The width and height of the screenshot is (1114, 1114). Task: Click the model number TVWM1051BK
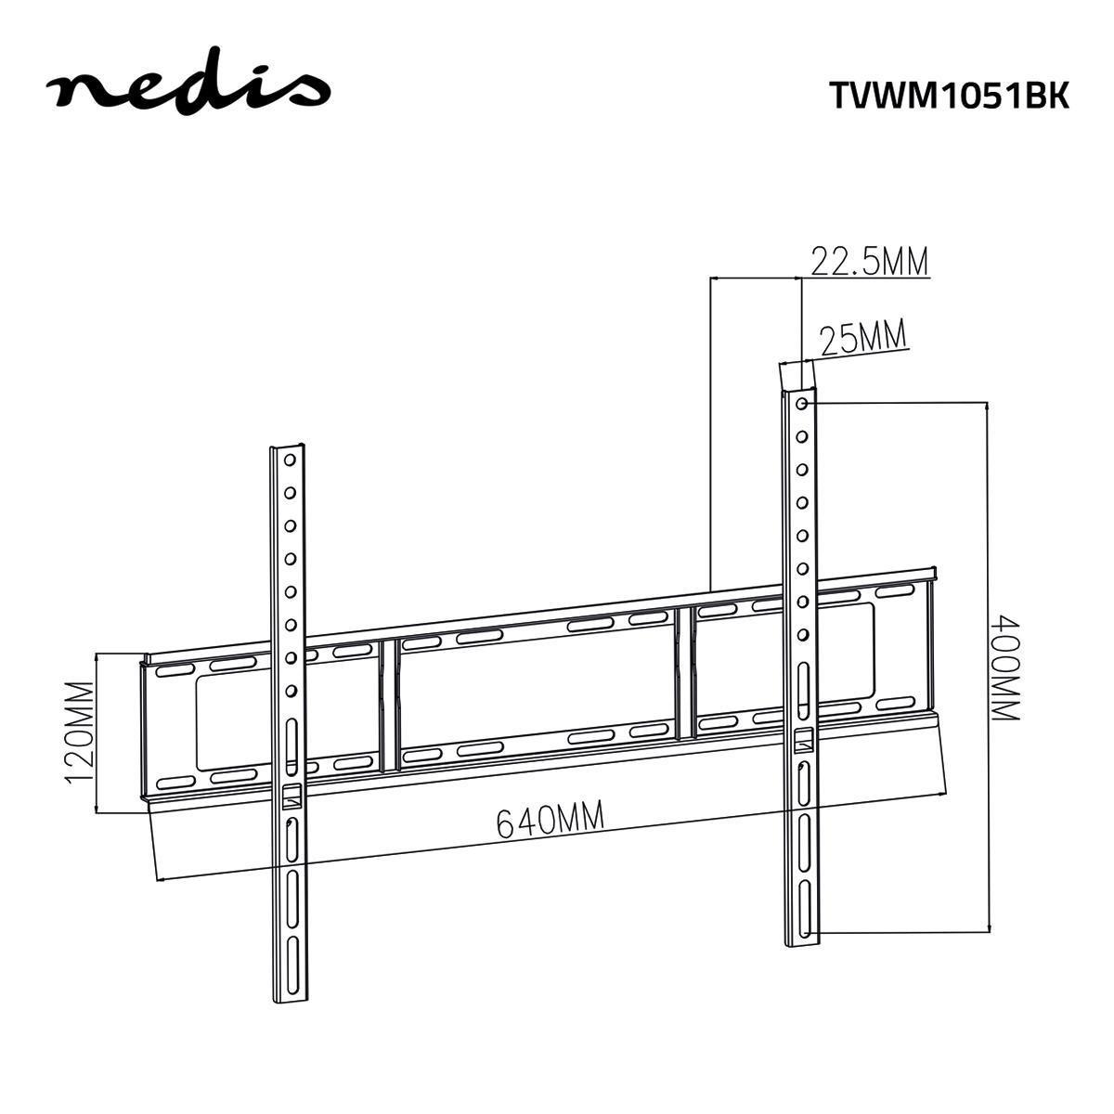[948, 96]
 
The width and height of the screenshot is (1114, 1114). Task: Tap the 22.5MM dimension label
[870, 263]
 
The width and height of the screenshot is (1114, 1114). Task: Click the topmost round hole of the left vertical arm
[290, 460]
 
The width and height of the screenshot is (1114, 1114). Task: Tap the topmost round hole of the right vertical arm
[801, 404]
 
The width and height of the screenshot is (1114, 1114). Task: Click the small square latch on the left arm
[291, 795]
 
